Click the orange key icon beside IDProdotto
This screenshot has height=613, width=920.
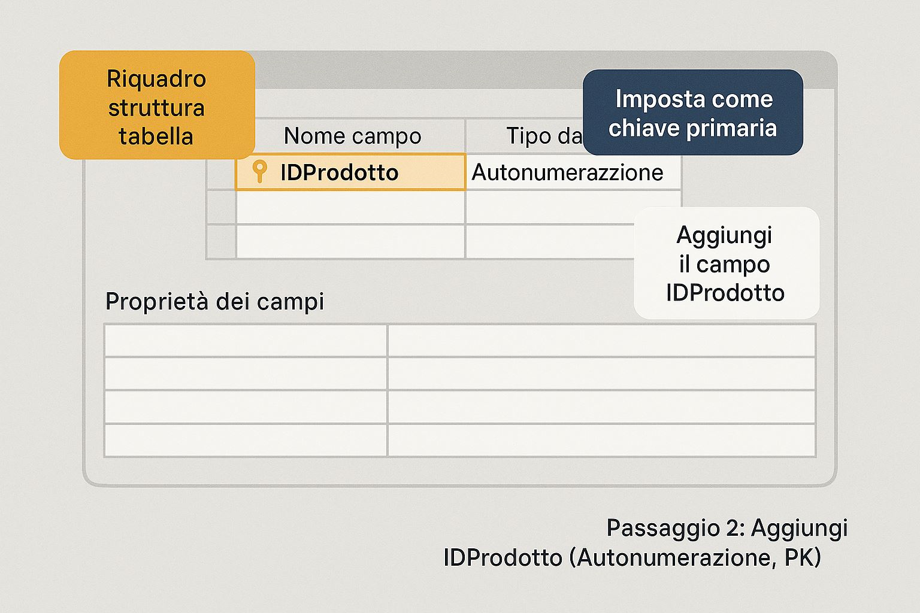tap(259, 171)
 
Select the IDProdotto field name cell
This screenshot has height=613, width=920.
tap(350, 172)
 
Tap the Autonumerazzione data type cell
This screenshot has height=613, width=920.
tap(573, 172)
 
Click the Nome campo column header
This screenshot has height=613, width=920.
tap(352, 135)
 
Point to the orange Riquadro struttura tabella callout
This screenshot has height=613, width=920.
tap(157, 105)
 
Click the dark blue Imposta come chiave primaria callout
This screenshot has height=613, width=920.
tap(693, 112)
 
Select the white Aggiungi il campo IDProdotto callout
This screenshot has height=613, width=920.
tap(726, 263)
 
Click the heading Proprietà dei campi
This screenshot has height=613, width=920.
tap(214, 301)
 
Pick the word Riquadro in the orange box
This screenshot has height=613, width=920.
tap(156, 78)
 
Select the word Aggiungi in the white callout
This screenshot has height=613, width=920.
tap(724, 236)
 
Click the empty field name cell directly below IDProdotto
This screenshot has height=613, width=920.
tap(350, 207)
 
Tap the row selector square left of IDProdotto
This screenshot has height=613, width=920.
tap(221, 172)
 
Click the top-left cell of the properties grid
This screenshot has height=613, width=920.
tap(246, 341)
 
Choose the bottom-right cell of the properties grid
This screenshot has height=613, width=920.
tap(601, 440)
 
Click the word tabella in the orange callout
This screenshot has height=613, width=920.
tap(156, 136)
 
